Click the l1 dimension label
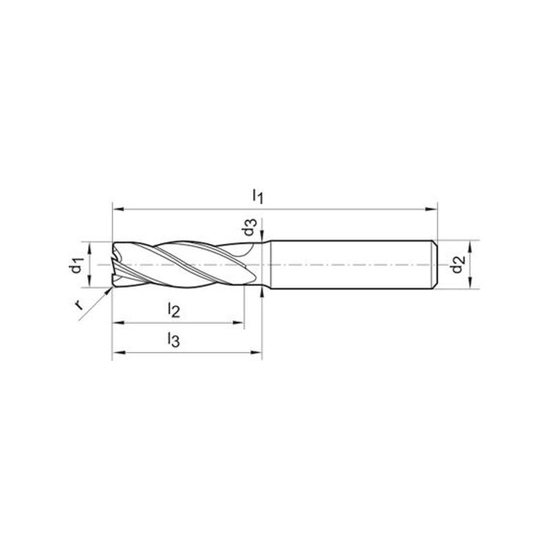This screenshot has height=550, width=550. coord(258,196)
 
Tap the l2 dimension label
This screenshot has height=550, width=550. coord(174,310)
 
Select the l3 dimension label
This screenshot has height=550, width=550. coord(174,340)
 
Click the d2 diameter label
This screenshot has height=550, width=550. coord(458,264)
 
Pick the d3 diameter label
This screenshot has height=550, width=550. coord(249,227)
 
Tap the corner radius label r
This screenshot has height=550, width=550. coord(79,305)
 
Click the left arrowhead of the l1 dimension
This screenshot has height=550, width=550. coord(118,210)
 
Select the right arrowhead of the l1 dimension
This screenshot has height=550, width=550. coord(431,210)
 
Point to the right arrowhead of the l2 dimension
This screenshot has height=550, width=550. coord(238,322)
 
